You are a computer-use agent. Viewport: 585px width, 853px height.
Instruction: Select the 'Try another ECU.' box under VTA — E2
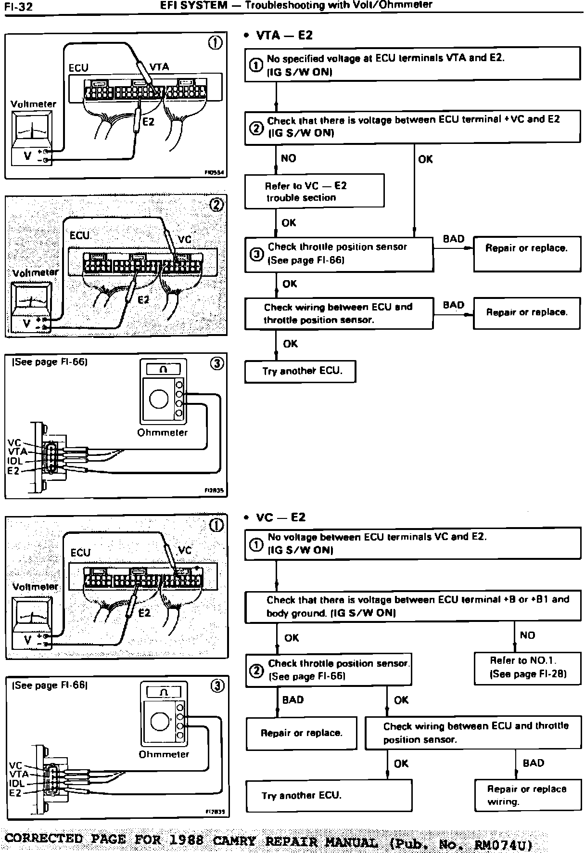coord(300,371)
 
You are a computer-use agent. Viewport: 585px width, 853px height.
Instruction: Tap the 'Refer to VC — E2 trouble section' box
coord(314,191)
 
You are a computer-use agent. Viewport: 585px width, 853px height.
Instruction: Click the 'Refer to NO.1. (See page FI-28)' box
coord(527,668)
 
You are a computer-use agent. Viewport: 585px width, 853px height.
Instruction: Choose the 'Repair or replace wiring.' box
coord(527,795)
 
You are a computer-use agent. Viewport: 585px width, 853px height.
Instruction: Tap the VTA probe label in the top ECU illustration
coord(159,67)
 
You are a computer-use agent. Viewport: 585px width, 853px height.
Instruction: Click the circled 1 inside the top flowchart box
coord(255,65)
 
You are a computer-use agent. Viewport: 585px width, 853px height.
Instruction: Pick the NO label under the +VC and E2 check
coord(288,158)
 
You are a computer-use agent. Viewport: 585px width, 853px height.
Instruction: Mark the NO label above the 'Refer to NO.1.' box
coord(527,635)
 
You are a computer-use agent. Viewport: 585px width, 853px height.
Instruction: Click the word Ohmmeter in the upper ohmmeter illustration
coord(162,432)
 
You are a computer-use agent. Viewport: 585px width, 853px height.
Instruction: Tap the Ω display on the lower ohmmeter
coord(164,692)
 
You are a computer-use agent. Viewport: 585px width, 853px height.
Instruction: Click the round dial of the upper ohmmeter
coord(159,399)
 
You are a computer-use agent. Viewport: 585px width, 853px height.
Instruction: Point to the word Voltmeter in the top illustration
coord(33,104)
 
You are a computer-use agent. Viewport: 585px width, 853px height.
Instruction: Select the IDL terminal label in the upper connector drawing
coord(15,461)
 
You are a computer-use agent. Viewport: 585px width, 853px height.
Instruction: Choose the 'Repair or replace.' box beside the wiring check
coord(526,312)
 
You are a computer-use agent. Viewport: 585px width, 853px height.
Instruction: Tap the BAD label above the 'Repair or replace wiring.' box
coord(533,763)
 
